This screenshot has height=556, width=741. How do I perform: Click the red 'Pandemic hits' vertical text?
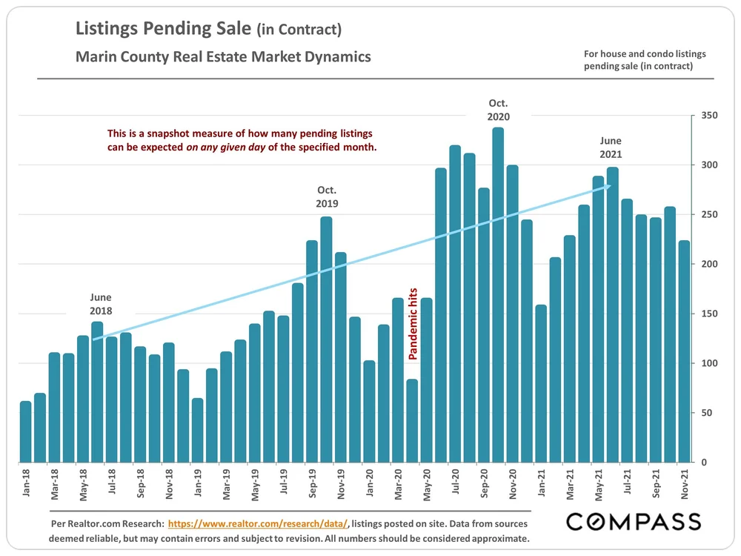point(413,324)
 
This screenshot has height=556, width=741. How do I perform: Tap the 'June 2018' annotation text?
point(102,305)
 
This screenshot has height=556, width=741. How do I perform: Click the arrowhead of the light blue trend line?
point(608,187)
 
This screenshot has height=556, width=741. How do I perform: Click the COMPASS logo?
point(633,522)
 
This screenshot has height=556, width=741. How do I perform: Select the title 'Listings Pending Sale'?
point(164,30)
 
